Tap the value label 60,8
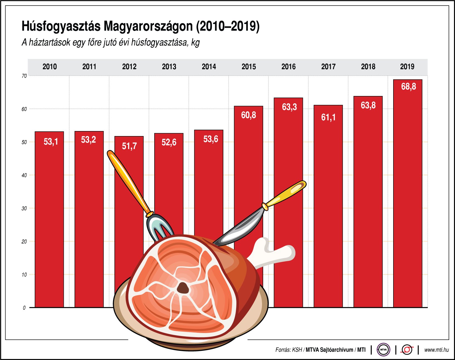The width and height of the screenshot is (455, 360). coord(248,115)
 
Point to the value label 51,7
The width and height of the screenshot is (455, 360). coord(129,146)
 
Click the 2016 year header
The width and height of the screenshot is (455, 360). coord(288,67)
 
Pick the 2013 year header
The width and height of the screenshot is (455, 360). coord(169,67)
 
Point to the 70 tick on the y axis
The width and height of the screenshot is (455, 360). coord(24,76)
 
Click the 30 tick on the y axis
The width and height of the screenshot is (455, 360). coord(24,208)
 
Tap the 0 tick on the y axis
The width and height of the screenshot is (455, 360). coord(24,308)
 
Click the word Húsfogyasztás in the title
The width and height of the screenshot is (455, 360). coord(61,26)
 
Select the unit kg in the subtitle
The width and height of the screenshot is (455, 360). coord(195,43)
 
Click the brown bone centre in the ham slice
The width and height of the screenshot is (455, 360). coord(183,288)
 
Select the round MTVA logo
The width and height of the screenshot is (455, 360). coord(383,350)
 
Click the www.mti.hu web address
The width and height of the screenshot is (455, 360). coord(436,350)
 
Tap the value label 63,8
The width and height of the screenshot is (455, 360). coord(368,105)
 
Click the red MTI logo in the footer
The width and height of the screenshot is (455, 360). coord(407,350)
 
